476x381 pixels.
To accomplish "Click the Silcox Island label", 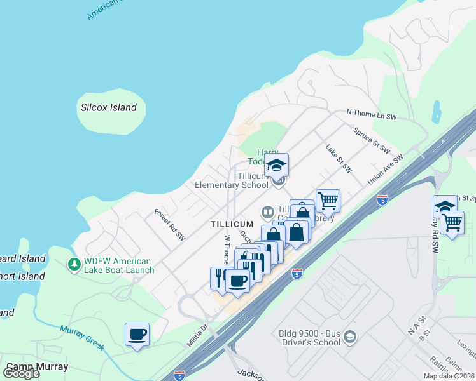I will pos(109,107).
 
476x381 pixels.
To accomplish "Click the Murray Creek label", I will pos(81,337).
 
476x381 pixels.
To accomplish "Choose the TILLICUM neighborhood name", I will pos(232,224).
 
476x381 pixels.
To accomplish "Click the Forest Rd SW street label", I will pos(170,222).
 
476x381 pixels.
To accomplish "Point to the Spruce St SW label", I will pos(372,140).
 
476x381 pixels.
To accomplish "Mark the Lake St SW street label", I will pos(339,159).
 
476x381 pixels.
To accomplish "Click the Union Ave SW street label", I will pos(386,169).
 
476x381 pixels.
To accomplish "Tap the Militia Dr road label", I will pos(197,334).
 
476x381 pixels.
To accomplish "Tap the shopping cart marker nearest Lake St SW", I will pos(328,201).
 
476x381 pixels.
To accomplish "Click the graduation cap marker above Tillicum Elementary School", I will pos(276,165).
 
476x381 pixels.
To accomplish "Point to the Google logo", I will pos(21,373).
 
